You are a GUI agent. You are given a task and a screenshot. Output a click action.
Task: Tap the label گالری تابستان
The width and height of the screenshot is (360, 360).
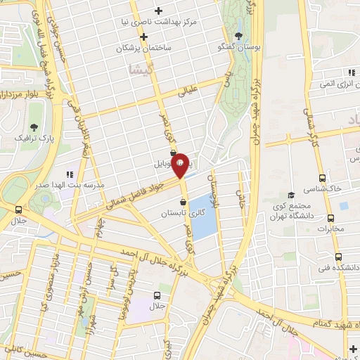pos(183,212)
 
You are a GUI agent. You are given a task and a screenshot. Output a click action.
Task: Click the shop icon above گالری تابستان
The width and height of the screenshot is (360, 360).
pos(183,202)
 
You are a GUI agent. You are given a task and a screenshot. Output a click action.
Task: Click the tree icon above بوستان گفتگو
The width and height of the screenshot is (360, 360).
pos(239,35)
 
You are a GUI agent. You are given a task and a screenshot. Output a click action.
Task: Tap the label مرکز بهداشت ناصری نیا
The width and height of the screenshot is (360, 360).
pos(166,21)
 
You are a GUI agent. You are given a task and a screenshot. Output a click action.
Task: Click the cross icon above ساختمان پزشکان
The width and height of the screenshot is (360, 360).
pos(143,36)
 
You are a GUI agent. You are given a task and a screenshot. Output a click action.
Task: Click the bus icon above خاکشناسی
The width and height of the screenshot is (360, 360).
pos(322,178)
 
